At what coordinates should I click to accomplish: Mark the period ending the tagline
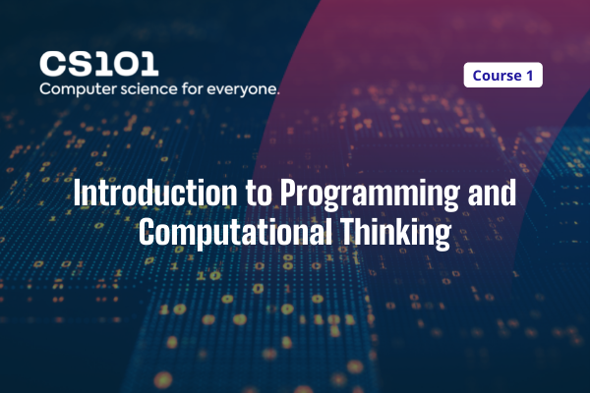tap(278, 93)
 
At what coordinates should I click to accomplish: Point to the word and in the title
tap(492, 194)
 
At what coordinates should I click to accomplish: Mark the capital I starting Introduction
tap(78, 194)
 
